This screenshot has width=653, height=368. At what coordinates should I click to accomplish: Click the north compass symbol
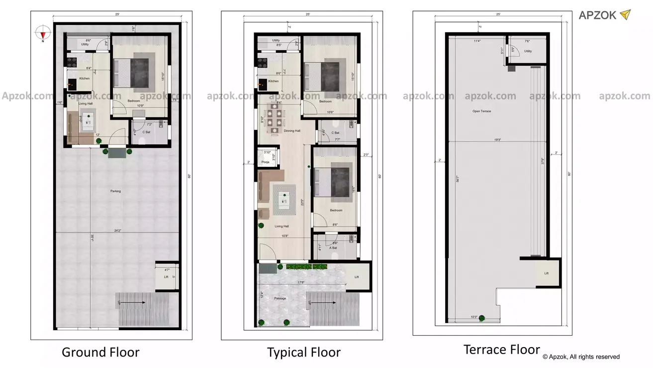click(x=43, y=34)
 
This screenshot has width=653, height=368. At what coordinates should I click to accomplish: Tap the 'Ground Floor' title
click(x=100, y=353)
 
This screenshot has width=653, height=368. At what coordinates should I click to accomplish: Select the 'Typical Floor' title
click(x=304, y=353)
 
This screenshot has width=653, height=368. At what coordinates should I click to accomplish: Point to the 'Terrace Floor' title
click(x=501, y=350)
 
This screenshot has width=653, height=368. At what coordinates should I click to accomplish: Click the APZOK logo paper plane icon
click(x=625, y=15)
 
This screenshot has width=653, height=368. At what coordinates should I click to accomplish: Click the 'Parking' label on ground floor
click(x=115, y=191)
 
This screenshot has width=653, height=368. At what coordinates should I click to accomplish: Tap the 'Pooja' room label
click(x=266, y=162)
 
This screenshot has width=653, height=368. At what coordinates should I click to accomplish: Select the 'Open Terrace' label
click(x=481, y=111)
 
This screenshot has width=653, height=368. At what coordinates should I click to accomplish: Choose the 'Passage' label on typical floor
click(x=280, y=298)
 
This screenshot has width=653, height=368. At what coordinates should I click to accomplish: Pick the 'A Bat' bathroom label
click(x=333, y=247)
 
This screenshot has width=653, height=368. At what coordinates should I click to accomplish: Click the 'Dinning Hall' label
click(x=292, y=131)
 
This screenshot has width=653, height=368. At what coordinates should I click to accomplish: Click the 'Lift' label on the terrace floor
click(x=546, y=273)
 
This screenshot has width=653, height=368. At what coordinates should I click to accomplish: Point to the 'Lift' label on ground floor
click(x=166, y=277)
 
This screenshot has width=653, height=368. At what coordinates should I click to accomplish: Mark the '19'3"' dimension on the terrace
click(x=497, y=140)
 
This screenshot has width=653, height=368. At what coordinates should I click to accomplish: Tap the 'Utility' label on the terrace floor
click(x=528, y=51)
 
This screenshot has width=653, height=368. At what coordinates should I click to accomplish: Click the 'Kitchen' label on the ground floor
click(x=85, y=79)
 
